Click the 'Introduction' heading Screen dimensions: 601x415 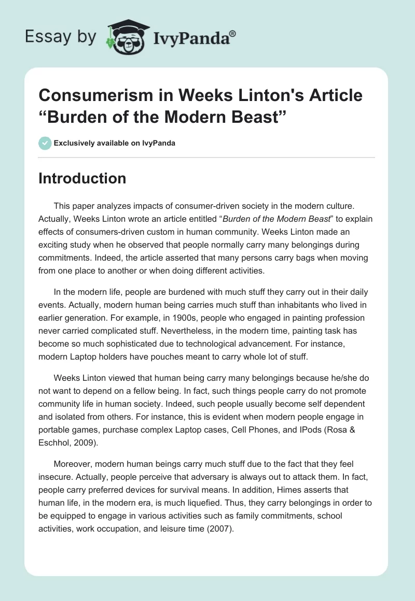[82, 178]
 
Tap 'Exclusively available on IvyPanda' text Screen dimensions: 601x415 [114, 143]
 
